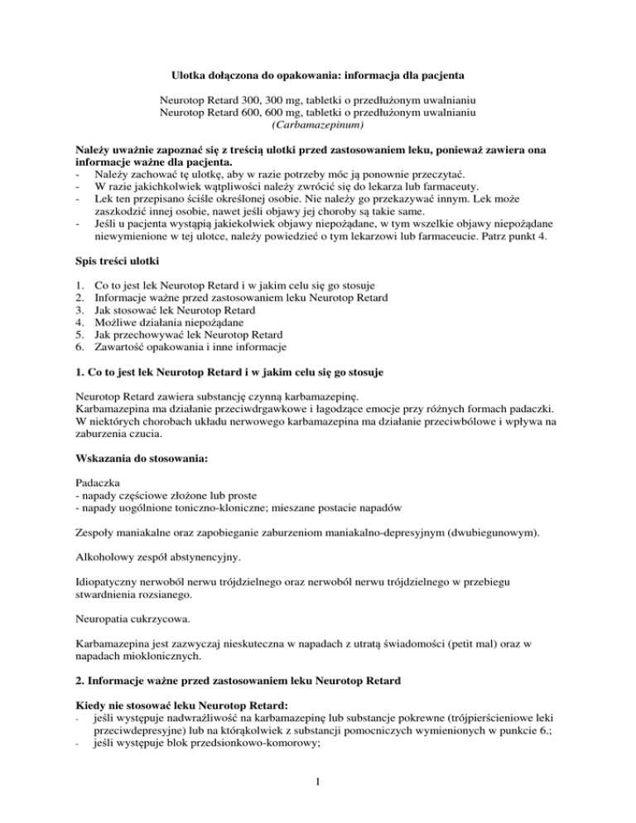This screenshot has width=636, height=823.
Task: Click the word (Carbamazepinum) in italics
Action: click(x=317, y=125)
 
